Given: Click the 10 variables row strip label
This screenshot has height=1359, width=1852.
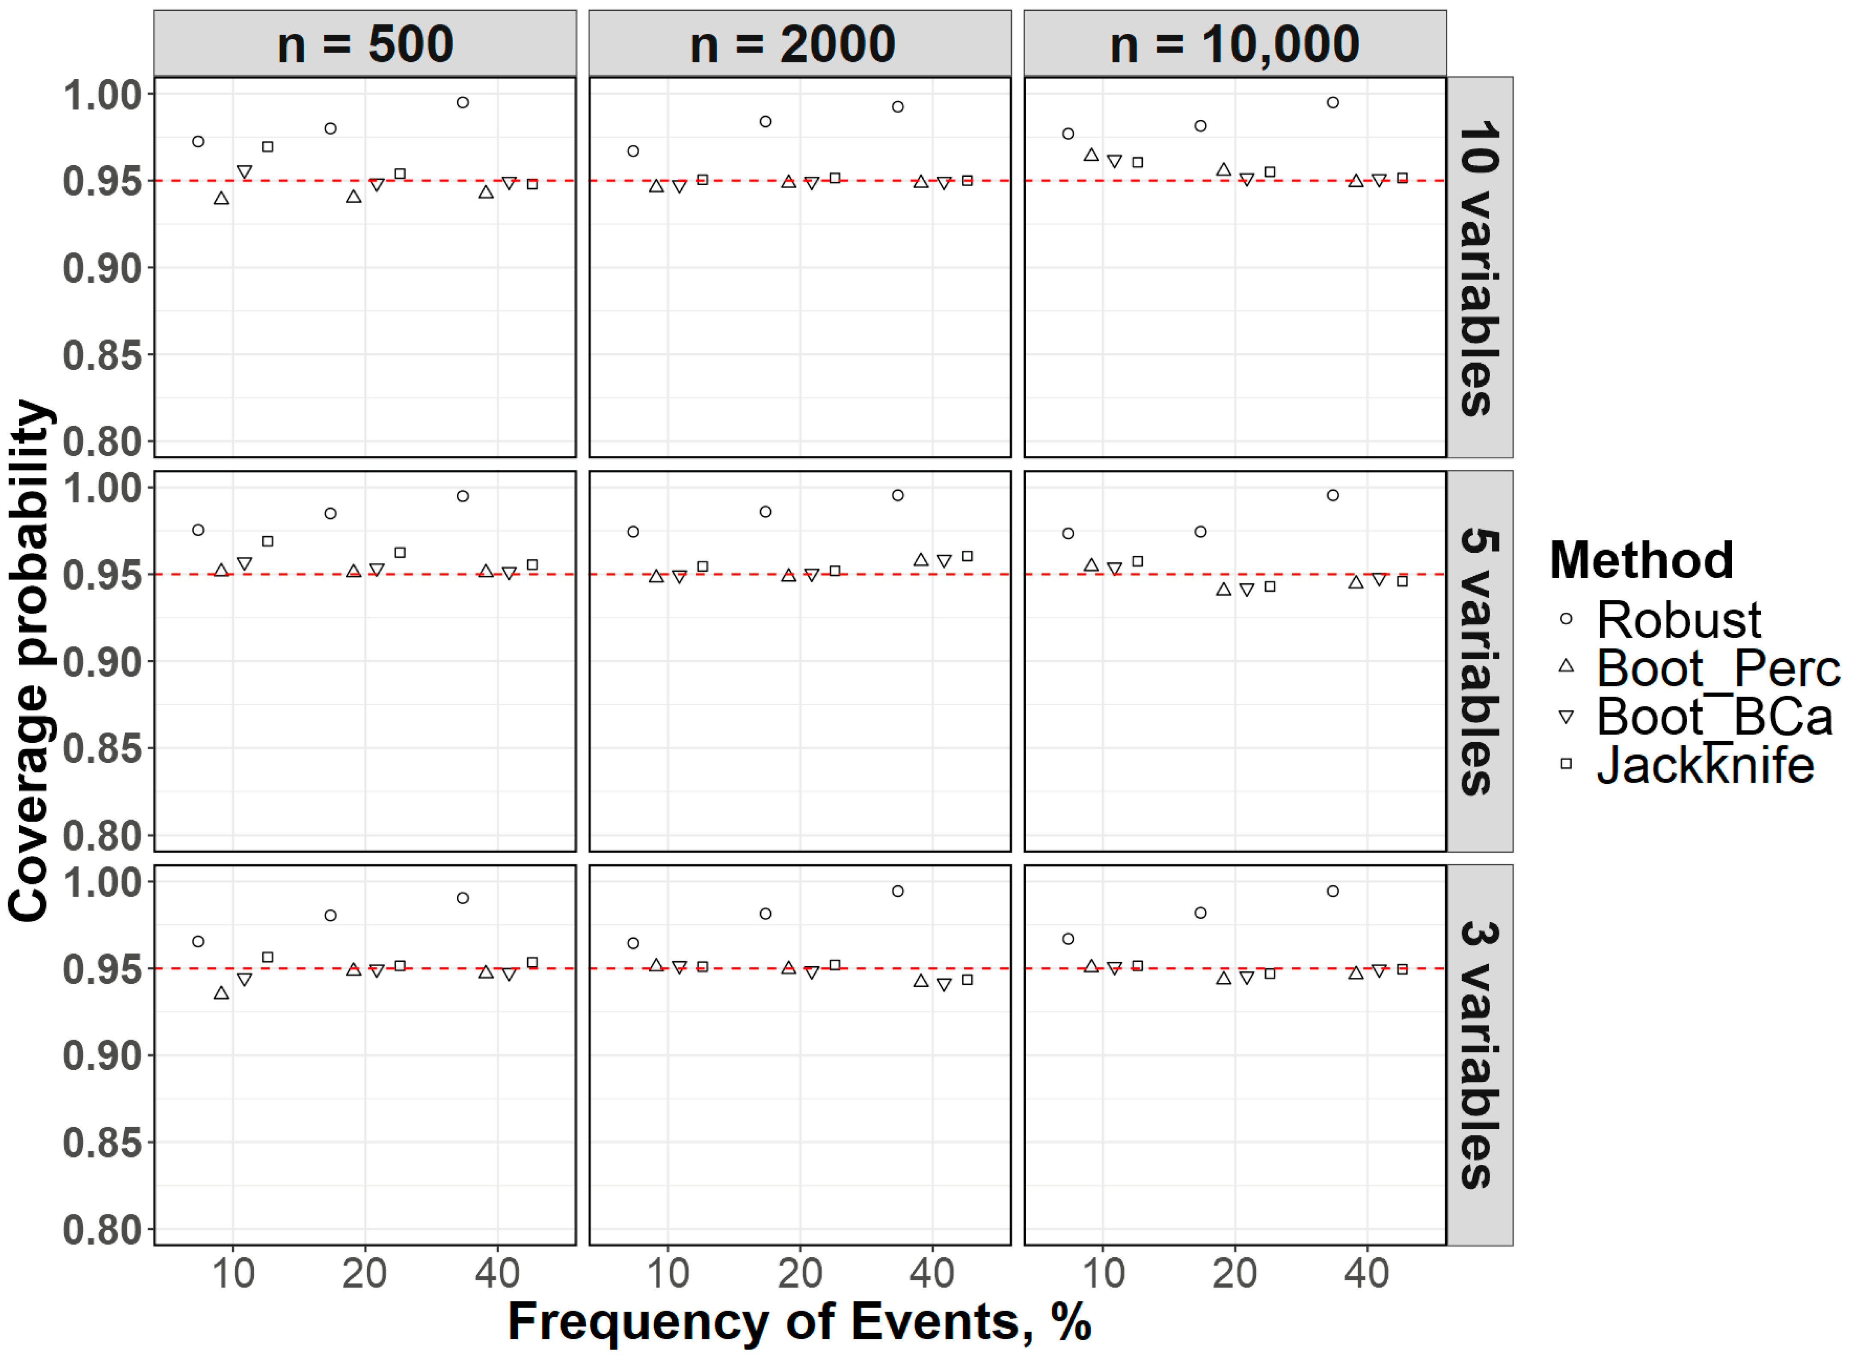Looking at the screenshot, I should (1479, 267).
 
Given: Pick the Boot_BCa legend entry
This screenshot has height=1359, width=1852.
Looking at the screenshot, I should (1714, 717).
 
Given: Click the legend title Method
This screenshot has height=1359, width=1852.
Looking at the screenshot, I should (1641, 561).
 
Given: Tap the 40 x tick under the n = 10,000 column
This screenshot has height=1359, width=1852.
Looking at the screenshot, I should (1367, 1273).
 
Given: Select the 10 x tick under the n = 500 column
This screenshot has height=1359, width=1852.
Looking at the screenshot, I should (233, 1273).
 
